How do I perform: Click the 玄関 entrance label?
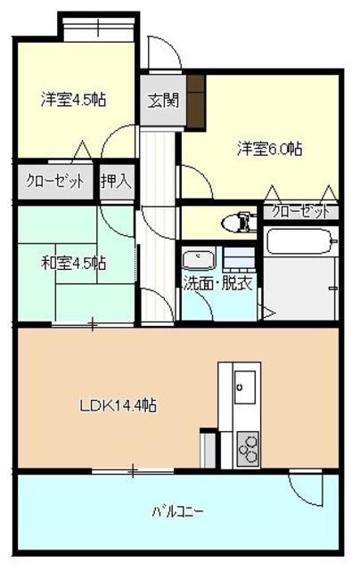coord(160,100)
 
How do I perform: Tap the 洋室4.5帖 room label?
coord(73,100)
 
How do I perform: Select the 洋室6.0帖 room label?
coord(268,148)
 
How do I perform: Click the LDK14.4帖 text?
coord(118,406)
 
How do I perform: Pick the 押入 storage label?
coord(115,181)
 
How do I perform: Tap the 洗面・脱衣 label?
coord(218,284)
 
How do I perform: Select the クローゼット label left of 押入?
coord(55,181)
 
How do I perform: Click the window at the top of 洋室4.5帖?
coord(99,24)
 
